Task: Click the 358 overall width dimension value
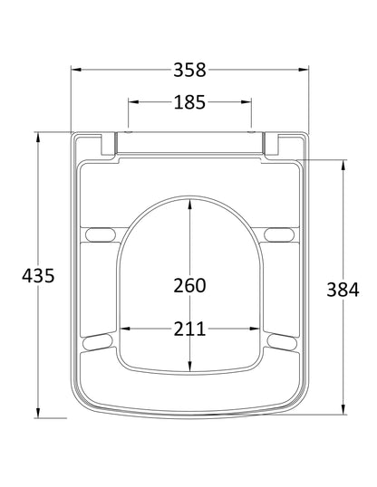pos(189,69)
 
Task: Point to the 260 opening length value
pos(189,285)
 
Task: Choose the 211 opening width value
pos(189,328)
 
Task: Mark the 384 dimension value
pos(344,290)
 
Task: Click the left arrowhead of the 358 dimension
pos(75,69)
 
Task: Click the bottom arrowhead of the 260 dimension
pos(189,368)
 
